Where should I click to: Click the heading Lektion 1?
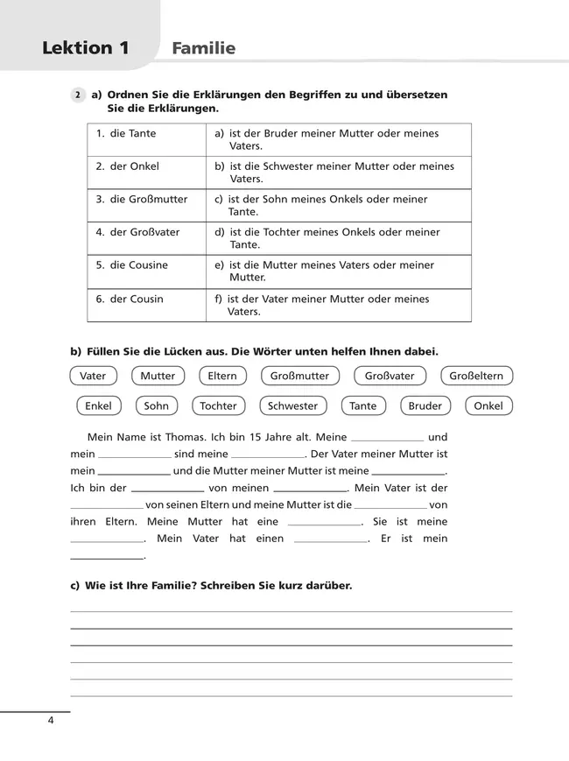(x=86, y=48)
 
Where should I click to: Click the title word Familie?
(x=204, y=48)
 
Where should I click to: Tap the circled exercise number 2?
(x=78, y=95)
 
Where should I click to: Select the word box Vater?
(x=93, y=376)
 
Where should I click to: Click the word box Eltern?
(x=222, y=376)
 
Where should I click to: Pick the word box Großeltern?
(x=476, y=376)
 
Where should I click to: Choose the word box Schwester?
(x=292, y=405)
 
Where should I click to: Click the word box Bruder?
(x=425, y=405)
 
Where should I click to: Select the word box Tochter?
(x=218, y=405)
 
